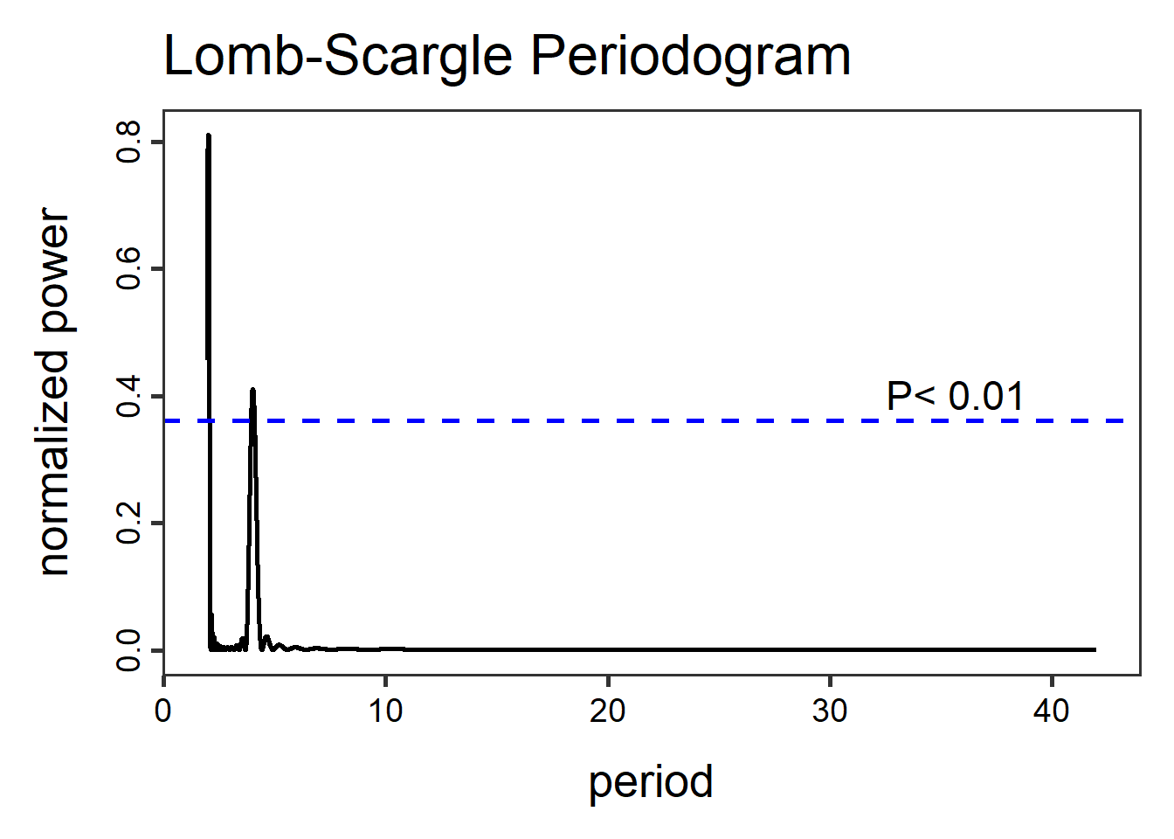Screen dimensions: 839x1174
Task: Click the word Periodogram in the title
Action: click(x=690, y=58)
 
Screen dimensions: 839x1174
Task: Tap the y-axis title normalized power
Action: click(x=54, y=392)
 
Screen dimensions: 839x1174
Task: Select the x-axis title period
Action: click(x=651, y=781)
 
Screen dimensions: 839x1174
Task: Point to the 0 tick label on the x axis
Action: click(x=163, y=711)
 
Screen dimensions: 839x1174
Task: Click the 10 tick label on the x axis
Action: click(x=385, y=711)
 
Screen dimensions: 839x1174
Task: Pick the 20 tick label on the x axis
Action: click(x=607, y=711)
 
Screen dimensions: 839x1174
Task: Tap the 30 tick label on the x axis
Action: click(x=829, y=711)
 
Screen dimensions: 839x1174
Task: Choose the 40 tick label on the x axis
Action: click(x=1051, y=711)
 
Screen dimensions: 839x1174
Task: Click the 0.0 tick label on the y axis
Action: click(x=128, y=650)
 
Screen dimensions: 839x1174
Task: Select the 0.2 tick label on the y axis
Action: click(x=128, y=524)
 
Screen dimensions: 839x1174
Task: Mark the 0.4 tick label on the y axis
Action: click(x=128, y=396)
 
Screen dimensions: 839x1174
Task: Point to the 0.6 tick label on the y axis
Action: click(x=128, y=268)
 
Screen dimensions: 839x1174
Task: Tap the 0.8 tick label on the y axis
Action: click(x=128, y=142)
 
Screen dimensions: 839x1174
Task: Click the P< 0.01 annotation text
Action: click(x=955, y=396)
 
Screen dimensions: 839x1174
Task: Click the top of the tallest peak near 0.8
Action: click(x=208, y=136)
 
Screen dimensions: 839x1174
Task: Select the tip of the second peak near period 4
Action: click(x=252, y=390)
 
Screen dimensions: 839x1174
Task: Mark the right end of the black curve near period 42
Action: click(x=1095, y=649)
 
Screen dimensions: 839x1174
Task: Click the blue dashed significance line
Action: click(x=611, y=421)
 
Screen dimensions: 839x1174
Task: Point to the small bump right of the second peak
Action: click(x=266, y=638)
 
